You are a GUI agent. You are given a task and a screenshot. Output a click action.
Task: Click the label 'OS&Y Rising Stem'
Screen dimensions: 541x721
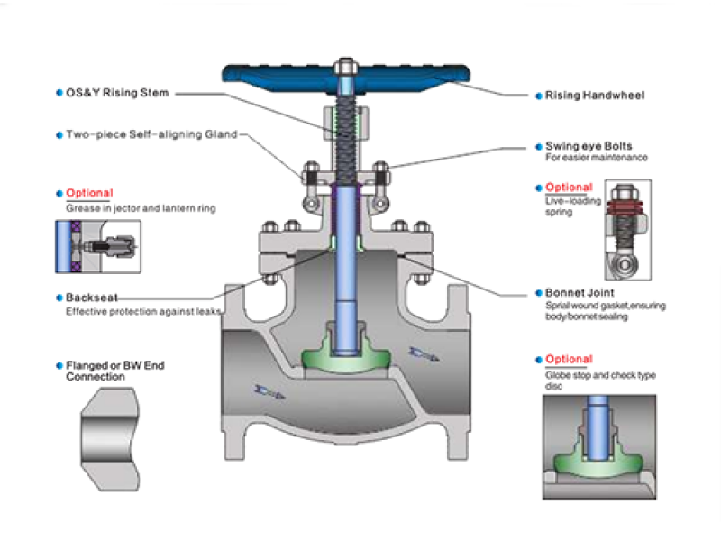tap(117, 93)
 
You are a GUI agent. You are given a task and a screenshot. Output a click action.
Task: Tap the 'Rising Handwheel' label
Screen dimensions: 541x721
tap(595, 95)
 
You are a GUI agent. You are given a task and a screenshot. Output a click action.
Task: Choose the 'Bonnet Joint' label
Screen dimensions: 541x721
tap(580, 293)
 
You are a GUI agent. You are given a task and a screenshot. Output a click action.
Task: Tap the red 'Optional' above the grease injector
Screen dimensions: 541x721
tap(89, 193)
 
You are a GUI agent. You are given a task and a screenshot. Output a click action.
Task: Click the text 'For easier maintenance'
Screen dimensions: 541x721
tap(597, 159)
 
